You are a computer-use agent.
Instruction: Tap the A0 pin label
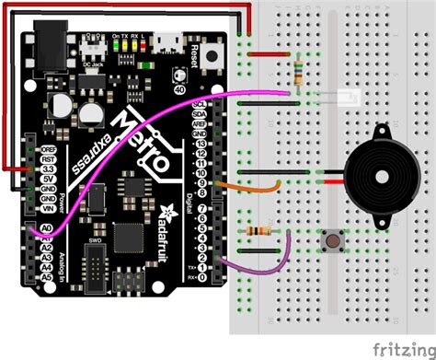pos(46,227)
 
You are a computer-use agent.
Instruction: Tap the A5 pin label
pos(46,273)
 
